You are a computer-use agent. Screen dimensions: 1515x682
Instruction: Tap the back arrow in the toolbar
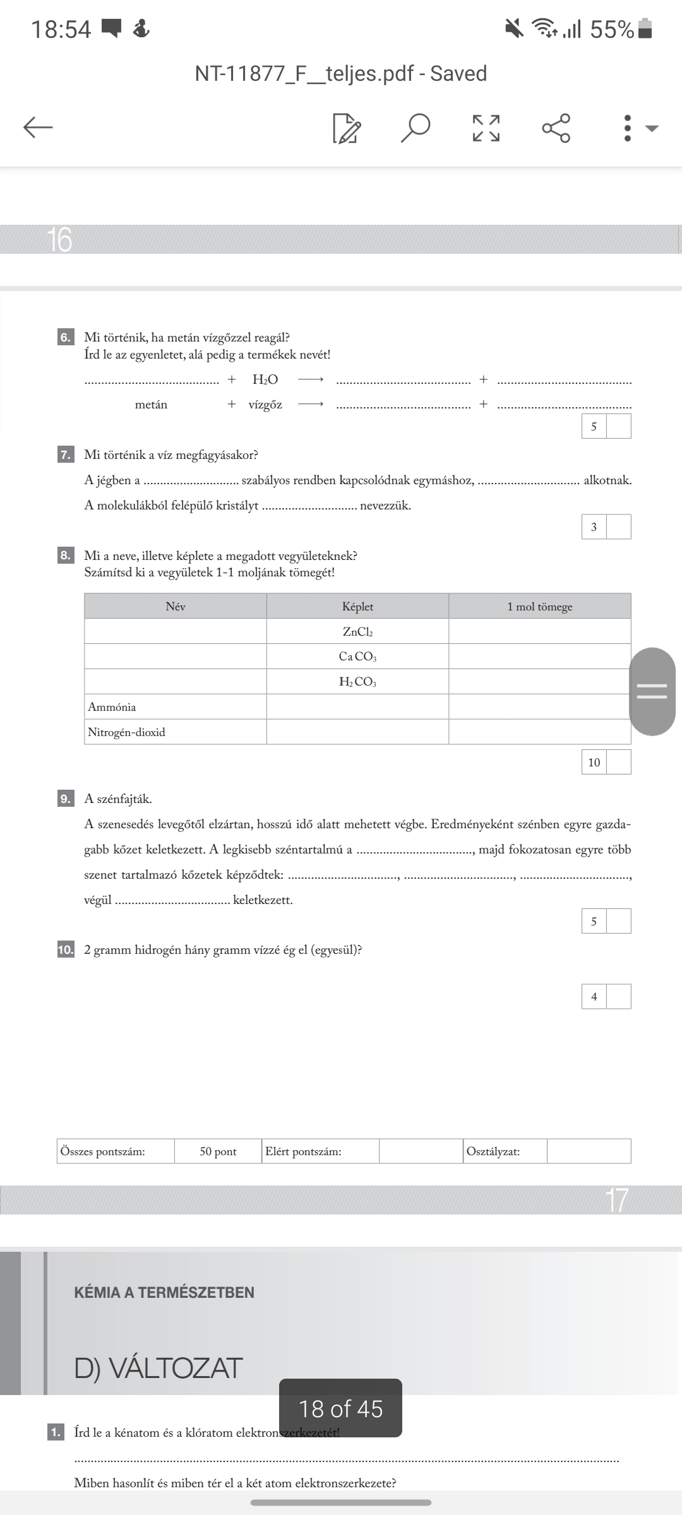[38, 128]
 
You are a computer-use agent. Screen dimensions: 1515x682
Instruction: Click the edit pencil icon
[347, 128]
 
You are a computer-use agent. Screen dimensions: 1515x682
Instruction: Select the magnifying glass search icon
[416, 128]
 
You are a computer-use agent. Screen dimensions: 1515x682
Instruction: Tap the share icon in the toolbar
[556, 128]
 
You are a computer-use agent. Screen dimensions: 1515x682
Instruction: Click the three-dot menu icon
[627, 128]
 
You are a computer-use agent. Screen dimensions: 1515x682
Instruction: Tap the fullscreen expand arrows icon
[486, 128]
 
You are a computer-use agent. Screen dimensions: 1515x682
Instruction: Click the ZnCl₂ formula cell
[357, 632]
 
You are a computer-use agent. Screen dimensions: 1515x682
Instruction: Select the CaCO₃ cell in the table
[357, 656]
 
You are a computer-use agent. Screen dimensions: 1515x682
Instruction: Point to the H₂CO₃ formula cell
[357, 682]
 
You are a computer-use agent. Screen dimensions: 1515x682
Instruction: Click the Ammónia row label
[112, 707]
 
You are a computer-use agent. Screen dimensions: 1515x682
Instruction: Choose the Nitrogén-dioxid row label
[126, 732]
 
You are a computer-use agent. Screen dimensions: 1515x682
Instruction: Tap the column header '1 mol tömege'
[539, 607]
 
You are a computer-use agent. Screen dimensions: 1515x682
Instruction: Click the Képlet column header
[357, 607]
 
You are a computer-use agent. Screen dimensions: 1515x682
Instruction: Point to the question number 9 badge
[65, 799]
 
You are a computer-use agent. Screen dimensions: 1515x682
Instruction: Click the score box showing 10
[594, 763]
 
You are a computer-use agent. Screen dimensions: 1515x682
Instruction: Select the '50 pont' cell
[218, 1151]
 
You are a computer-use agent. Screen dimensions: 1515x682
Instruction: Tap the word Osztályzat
[493, 1151]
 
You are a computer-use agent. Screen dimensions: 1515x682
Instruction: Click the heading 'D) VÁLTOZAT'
[159, 1368]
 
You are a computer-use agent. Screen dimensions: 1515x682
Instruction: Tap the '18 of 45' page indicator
[340, 1408]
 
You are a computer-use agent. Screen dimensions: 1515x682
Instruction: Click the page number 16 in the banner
[59, 240]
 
